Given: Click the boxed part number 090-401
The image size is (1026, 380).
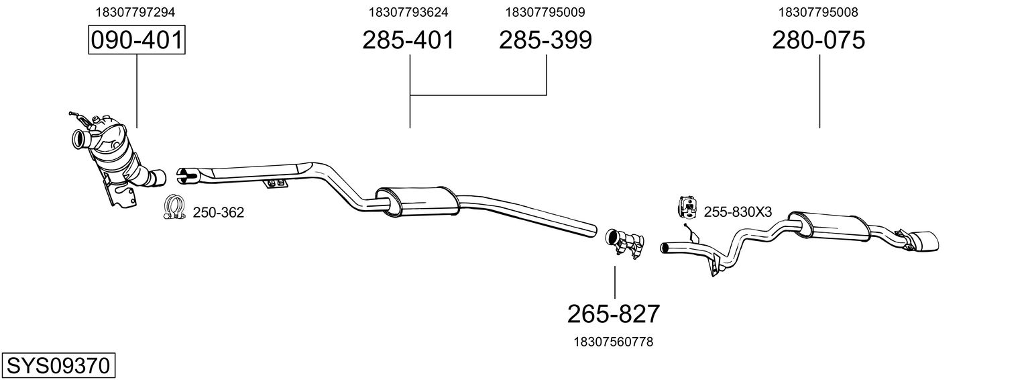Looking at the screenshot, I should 137,40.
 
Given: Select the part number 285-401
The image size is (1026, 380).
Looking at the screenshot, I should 408,40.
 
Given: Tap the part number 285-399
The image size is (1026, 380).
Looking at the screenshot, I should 545,40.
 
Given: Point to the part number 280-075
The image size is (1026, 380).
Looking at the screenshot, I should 818,40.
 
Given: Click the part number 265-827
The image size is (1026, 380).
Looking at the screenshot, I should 614,313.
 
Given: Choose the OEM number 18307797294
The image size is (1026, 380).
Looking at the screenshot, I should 136,12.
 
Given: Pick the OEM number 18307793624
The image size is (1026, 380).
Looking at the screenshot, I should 408,12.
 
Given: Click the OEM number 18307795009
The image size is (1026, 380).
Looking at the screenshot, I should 545,12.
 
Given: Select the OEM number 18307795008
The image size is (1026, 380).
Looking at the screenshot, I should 818,12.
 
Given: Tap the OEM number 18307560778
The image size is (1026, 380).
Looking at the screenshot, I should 613,342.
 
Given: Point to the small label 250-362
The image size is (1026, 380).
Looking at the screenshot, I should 219,213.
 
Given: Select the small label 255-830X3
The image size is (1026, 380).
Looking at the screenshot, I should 738,212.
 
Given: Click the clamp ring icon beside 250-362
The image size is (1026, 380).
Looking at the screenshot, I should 174,208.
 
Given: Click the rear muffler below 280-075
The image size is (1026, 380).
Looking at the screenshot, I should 828,224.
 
